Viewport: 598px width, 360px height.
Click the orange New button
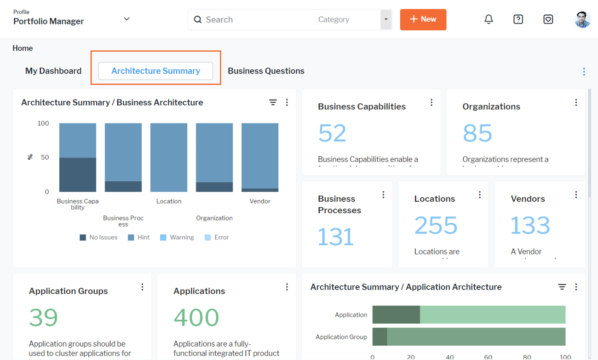tap(423, 19)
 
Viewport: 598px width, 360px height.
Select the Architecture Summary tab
tap(155, 71)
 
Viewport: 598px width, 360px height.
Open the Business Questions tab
tap(266, 71)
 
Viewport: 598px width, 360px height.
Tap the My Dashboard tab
tap(53, 71)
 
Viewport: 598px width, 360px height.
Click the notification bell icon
tap(489, 19)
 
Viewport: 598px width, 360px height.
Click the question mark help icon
tap(518, 19)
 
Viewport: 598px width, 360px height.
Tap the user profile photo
tap(582, 19)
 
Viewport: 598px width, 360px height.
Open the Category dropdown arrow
tap(386, 20)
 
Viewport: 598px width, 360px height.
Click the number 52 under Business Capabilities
tap(332, 133)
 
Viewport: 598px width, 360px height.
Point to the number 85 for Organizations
tap(477, 133)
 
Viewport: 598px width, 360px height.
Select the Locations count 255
tap(436, 225)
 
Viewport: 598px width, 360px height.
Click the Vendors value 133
tap(530, 225)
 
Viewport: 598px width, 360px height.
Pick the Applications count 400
tap(196, 317)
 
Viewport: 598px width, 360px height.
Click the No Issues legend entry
tap(98, 238)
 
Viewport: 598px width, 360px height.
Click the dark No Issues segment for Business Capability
tap(78, 175)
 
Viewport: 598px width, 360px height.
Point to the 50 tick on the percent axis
tap(45, 157)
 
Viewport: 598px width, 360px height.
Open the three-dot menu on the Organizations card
tap(576, 103)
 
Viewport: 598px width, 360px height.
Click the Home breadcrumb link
tap(23, 48)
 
